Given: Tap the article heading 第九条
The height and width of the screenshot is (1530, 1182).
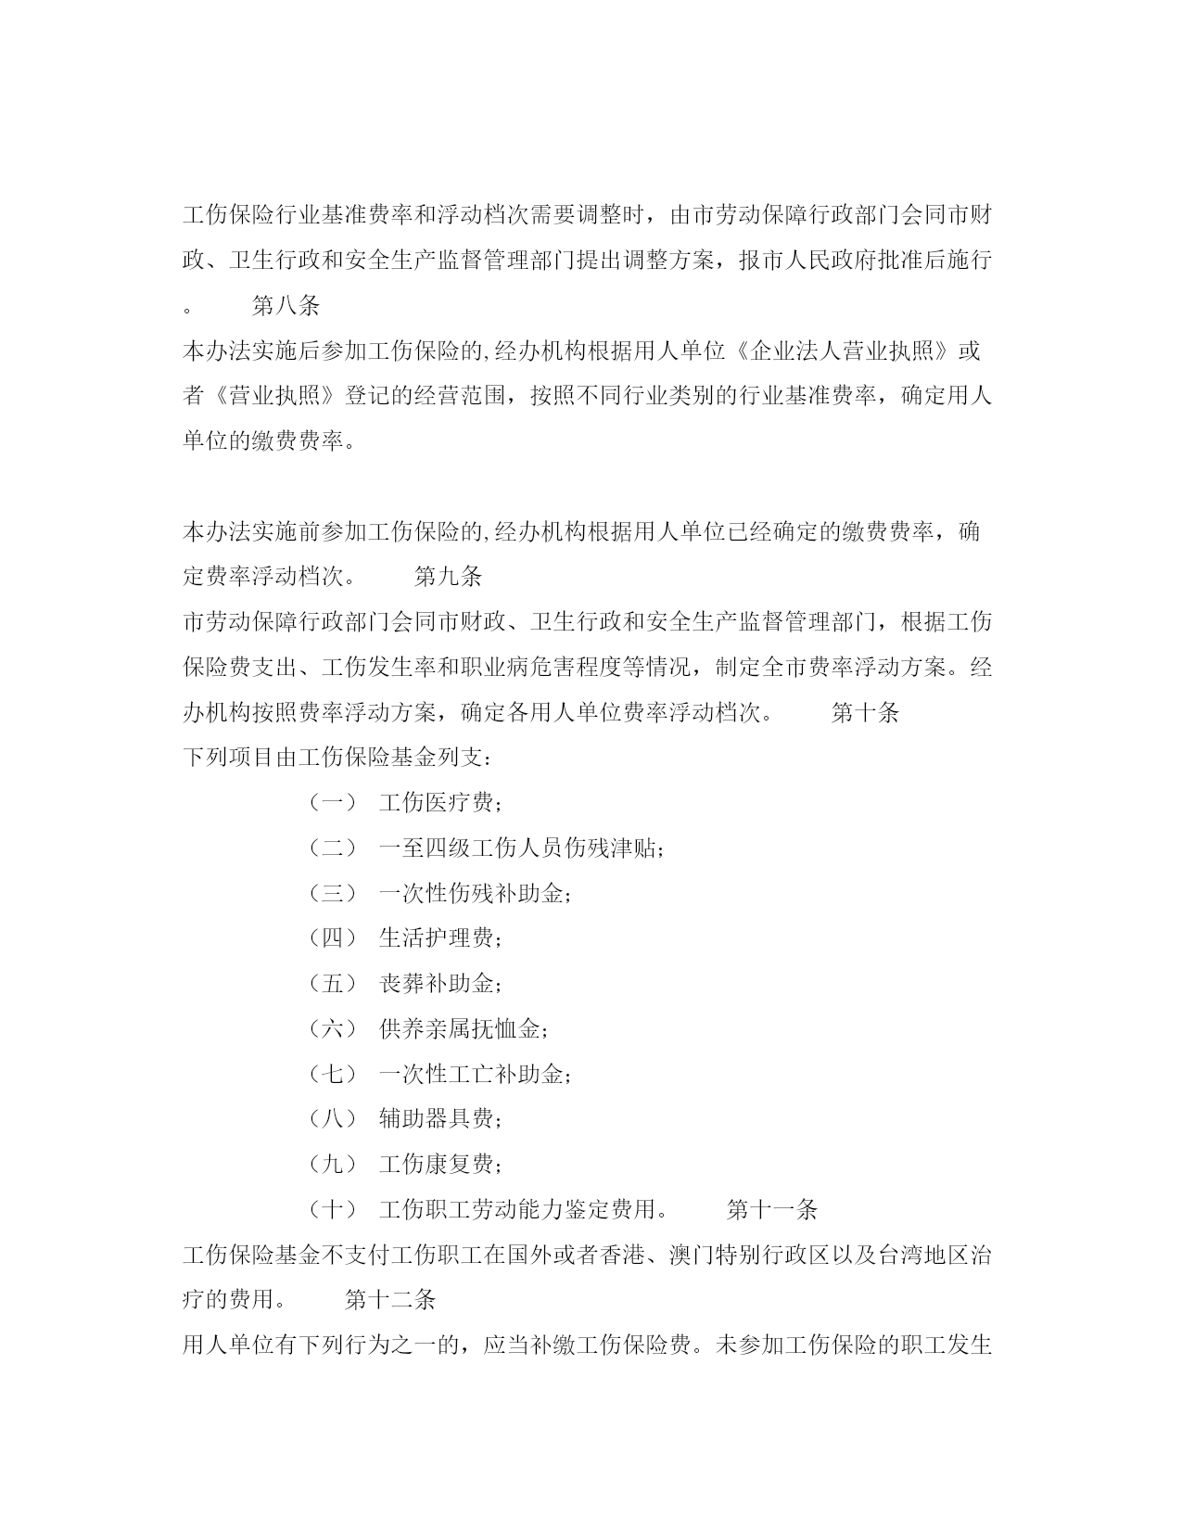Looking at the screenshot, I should tap(448, 577).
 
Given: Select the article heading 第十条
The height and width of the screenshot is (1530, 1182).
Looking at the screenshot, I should tap(865, 712).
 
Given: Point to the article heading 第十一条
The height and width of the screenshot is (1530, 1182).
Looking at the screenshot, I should tap(771, 1209).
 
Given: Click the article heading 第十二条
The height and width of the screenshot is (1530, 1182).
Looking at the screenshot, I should tap(390, 1299).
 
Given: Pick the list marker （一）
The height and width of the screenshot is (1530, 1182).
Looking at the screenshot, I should tap(332, 802).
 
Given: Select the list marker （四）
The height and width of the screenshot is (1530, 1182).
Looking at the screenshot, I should tap(332, 937).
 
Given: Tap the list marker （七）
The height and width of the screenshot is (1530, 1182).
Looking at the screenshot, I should tap(332, 1074).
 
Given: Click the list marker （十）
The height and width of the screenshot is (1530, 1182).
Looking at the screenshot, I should tap(332, 1209).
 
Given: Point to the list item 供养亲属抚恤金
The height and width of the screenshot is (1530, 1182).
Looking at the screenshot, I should tap(464, 1028).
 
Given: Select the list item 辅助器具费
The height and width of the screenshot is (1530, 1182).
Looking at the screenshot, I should tap(440, 1118).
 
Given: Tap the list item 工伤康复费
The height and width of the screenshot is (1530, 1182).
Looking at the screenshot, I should tap(440, 1164).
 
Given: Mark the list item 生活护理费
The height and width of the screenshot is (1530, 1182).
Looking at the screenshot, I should tap(440, 937).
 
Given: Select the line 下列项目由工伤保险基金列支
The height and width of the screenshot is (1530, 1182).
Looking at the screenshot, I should tap(337, 758).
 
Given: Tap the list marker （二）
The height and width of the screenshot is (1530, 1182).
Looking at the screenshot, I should tap(332, 848).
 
